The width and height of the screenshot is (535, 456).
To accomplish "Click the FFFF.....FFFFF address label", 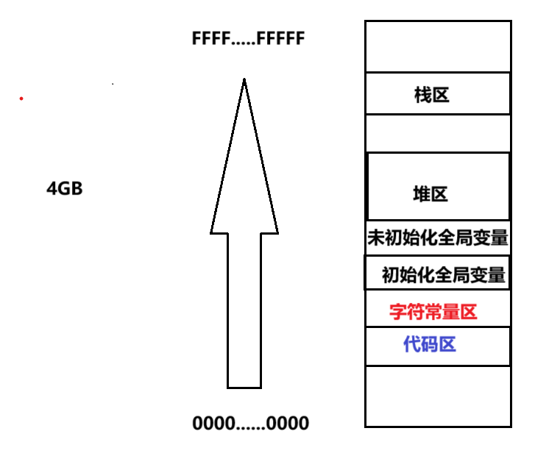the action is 247,39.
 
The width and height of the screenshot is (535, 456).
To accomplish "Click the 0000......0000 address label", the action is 250,424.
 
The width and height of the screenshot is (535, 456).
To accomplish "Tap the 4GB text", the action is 65,189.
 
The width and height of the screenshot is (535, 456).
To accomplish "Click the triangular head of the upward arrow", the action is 244,177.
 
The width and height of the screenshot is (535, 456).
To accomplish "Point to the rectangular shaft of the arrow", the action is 244,309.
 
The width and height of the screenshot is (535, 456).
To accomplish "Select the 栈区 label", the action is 432,95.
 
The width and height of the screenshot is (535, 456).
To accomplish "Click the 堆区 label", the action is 431,194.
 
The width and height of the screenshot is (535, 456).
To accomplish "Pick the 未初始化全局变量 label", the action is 438,238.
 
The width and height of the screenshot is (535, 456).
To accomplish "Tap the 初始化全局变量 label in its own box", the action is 443,276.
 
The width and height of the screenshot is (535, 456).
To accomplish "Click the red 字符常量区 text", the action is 433,312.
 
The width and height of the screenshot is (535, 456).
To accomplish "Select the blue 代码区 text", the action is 430,343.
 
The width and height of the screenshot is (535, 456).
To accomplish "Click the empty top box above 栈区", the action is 438,46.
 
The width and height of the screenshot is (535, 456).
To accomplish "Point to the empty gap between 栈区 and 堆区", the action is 438,133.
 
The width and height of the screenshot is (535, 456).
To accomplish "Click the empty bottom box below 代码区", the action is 438,396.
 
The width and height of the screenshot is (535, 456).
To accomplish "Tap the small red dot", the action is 21,98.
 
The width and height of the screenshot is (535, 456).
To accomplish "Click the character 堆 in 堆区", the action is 422,194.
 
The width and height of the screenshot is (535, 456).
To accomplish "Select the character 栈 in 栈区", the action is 423,95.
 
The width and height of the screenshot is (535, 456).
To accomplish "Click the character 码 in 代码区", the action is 430,343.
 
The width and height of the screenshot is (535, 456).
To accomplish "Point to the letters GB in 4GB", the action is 71,189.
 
